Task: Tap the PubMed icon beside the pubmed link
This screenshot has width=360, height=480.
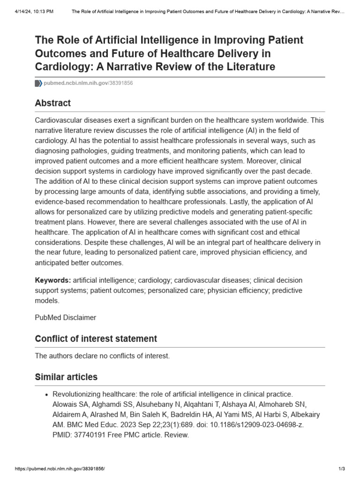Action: click(38, 83)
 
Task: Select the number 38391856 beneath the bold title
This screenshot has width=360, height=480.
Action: click(121, 83)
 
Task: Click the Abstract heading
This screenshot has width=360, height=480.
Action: click(53, 103)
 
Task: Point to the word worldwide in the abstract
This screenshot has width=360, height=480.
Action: click(298, 120)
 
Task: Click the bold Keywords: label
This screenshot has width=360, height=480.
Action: click(53, 280)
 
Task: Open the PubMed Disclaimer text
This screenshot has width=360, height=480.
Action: click(66, 317)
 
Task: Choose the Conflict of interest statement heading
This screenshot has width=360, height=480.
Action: click(96, 338)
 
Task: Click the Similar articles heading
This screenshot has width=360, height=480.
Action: click(66, 377)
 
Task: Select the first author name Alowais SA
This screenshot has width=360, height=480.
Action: click(65, 405)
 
